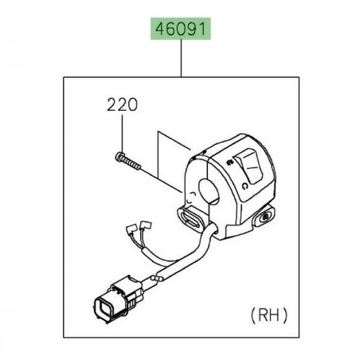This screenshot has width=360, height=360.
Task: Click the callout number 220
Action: tap(122, 104)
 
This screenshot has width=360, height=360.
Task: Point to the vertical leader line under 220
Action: tap(122, 131)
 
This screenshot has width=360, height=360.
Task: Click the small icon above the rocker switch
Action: tap(230, 161)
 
